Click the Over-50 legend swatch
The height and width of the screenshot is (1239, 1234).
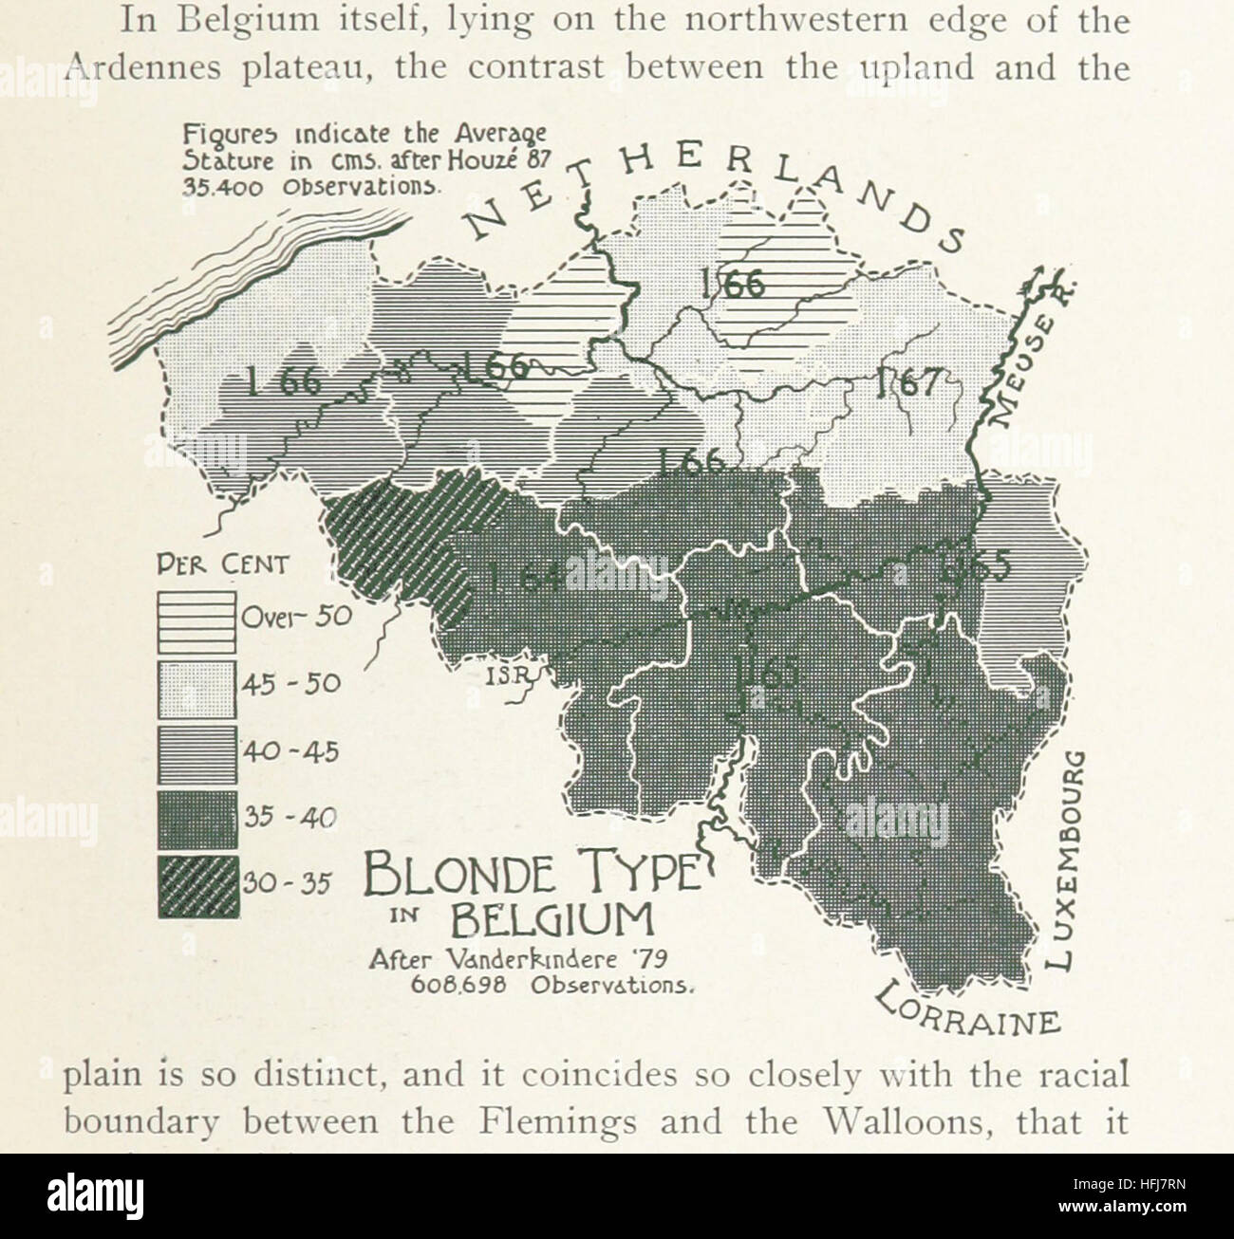point(196,621)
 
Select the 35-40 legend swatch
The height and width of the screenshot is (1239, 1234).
point(196,819)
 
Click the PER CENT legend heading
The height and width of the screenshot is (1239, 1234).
point(223,566)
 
